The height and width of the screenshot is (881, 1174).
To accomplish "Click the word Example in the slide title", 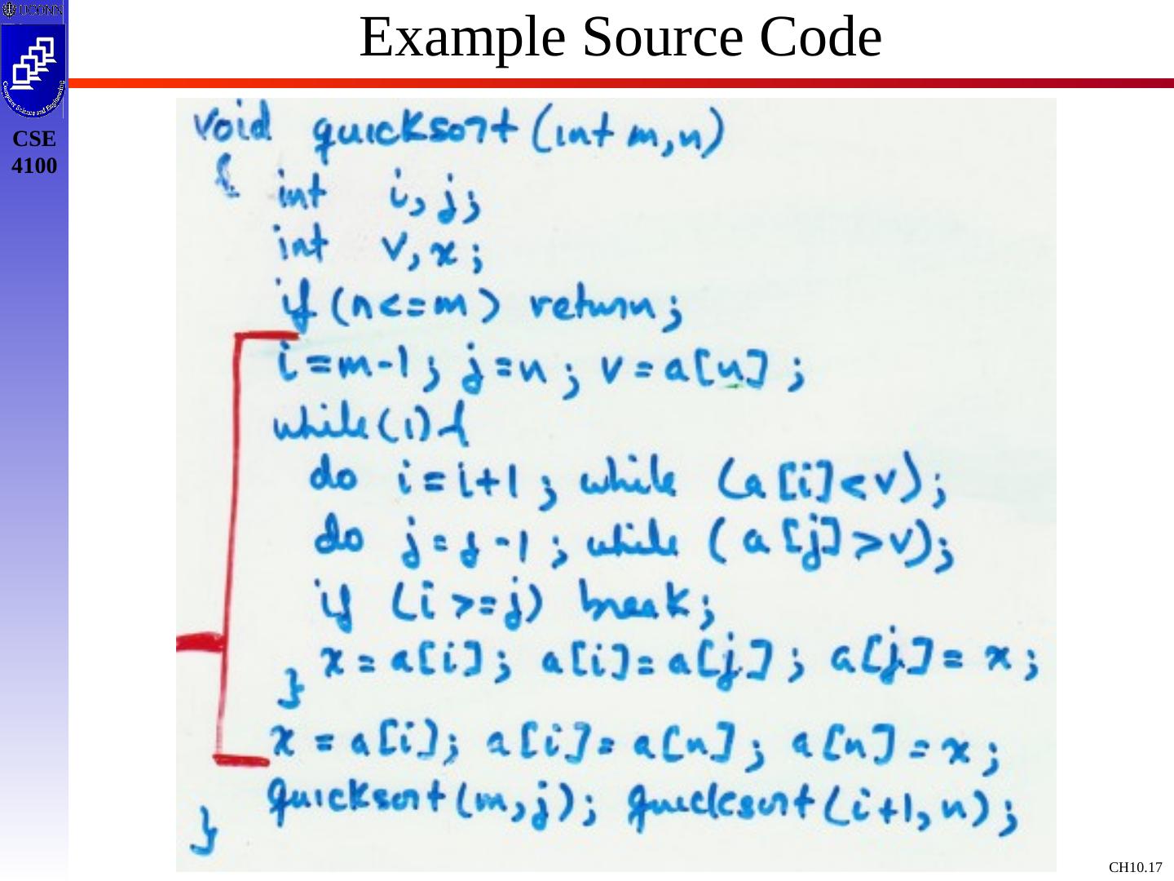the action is tap(462, 38).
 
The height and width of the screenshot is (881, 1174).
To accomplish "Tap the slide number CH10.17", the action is tap(1135, 867).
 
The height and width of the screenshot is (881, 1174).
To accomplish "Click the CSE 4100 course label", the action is tap(34, 153).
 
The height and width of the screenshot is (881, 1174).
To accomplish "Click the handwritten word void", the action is tap(232, 128).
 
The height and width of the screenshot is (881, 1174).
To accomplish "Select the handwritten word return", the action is tap(599, 308).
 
